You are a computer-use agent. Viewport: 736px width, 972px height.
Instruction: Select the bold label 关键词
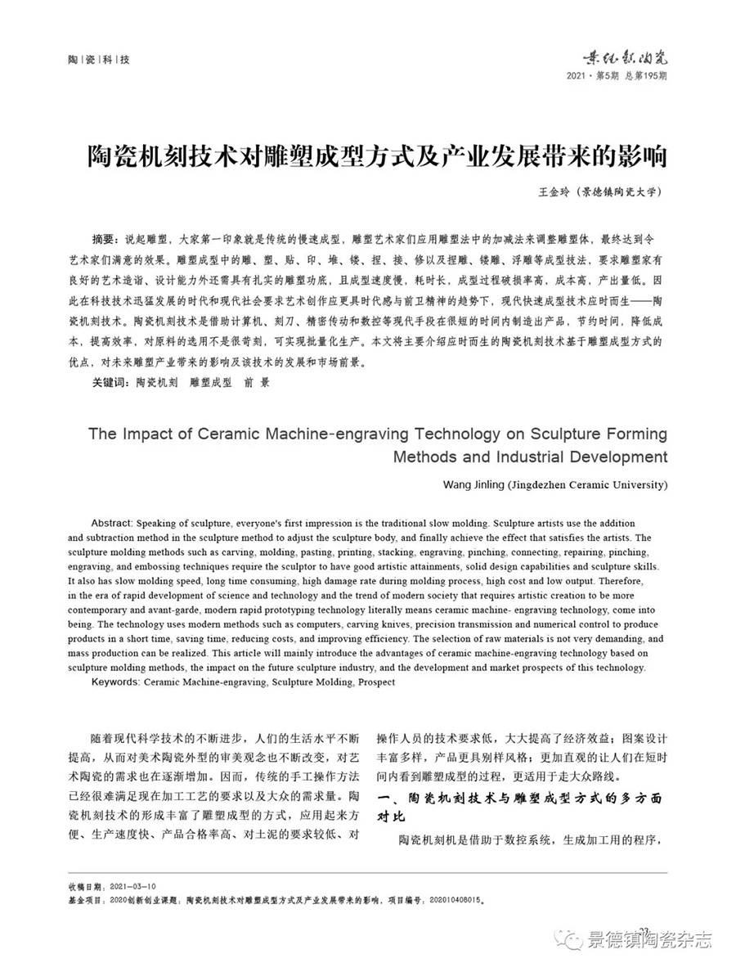tap(110, 381)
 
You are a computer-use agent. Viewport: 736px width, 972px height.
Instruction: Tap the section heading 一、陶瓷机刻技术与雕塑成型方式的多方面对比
tap(523, 806)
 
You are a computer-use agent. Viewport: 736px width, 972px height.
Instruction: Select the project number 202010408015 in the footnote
tap(454, 898)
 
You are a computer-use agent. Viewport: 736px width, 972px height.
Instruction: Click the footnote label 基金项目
tap(85, 898)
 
